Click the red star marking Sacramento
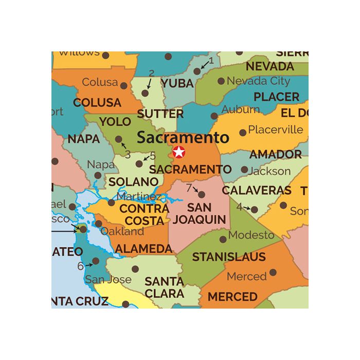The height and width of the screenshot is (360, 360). point(178,152)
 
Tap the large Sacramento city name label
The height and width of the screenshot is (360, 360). point(183,138)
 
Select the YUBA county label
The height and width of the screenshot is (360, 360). point(177,83)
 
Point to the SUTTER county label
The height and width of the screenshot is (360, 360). point(160,114)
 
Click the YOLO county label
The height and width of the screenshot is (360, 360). point(115,122)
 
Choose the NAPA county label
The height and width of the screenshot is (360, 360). point(83,139)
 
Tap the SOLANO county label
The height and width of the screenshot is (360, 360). point(133,182)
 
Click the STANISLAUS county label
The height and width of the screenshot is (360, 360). point(229,257)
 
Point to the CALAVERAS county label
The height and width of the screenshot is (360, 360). point(257,190)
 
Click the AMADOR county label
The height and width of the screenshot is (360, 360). point(276,154)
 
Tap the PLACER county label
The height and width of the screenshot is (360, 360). point(276,97)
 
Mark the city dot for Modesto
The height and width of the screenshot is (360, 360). point(223,239)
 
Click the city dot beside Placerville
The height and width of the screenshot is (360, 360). point(243,132)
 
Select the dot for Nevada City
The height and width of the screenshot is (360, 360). point(221,81)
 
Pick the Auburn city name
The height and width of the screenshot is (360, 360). point(241,110)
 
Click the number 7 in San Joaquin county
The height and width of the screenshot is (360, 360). point(189,187)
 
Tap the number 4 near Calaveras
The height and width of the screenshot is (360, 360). point(239,207)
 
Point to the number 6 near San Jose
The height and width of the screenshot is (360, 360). point(80,266)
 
